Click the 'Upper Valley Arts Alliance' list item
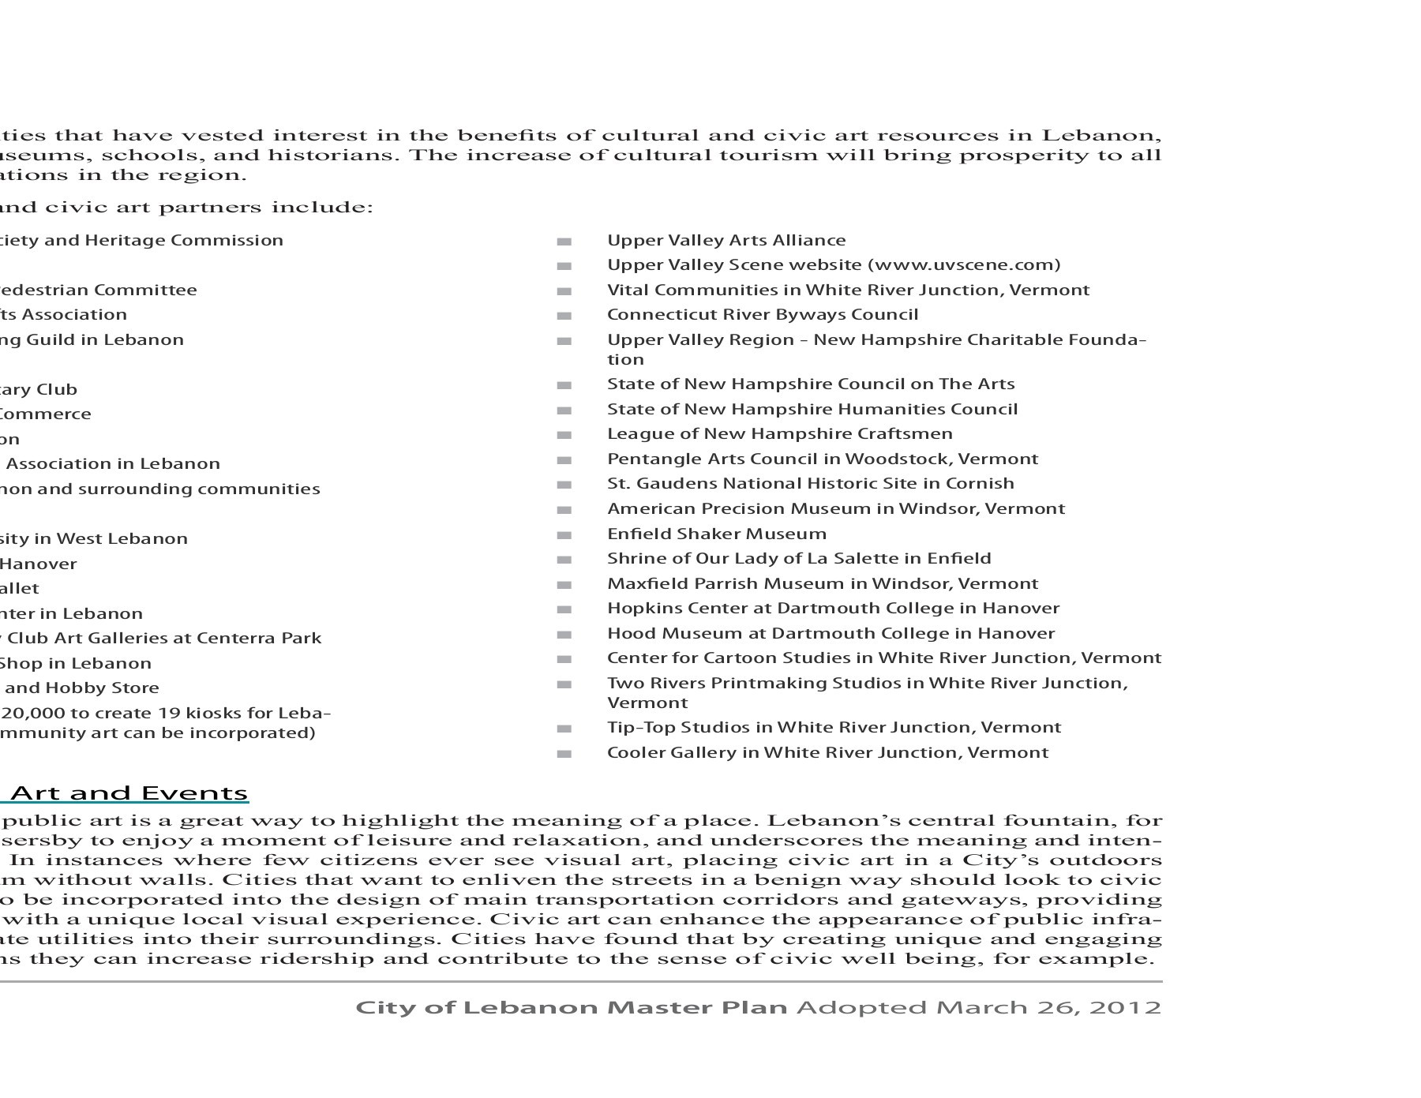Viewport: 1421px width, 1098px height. click(x=725, y=241)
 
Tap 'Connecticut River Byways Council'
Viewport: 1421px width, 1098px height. click(x=762, y=315)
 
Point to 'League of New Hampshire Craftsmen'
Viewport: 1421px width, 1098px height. click(x=779, y=434)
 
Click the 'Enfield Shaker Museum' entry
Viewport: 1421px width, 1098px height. click(x=716, y=534)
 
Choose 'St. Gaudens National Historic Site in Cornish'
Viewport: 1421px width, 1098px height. click(x=810, y=484)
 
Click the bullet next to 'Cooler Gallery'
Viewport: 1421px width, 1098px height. click(x=564, y=754)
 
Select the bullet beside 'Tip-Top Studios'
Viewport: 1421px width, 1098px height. click(x=564, y=729)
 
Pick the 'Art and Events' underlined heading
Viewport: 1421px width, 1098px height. click(x=129, y=793)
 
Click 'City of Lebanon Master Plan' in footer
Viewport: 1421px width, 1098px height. click(x=572, y=1008)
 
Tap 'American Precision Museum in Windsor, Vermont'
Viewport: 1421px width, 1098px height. click(x=835, y=509)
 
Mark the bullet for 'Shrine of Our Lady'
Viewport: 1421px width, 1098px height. click(x=564, y=560)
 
